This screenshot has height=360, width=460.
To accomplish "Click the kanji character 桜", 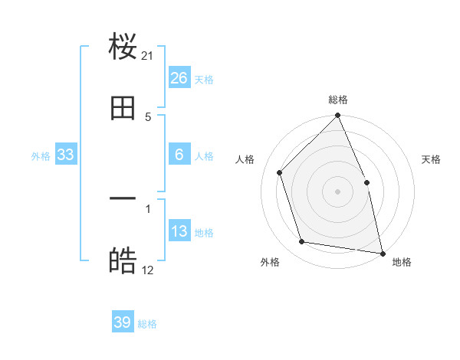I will (x=123, y=48).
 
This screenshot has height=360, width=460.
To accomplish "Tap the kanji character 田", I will (x=123, y=109).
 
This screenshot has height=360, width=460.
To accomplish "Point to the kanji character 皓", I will (x=123, y=261).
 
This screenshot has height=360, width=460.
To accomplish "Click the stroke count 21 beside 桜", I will (x=148, y=56).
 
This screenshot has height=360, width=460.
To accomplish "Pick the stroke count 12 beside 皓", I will (x=148, y=270).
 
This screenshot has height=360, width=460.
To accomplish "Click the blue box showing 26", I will (x=179, y=78).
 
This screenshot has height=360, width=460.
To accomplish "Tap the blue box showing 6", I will (x=179, y=155).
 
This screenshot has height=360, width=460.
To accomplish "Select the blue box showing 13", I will (x=179, y=231).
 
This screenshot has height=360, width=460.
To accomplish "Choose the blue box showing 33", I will (x=66, y=155).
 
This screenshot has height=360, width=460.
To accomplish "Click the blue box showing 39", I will (x=123, y=322).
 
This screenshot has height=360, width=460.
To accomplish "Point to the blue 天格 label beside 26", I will (x=204, y=80).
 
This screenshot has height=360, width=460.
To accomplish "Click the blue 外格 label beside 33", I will (x=41, y=156).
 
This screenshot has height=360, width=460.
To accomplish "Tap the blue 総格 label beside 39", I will (x=147, y=324).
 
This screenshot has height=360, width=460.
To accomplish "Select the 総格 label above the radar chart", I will (x=338, y=100).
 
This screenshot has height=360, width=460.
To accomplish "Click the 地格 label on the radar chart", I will (x=402, y=262).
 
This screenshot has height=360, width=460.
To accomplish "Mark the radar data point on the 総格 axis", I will (x=338, y=116).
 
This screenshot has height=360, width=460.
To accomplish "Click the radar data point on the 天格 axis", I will (x=366, y=182).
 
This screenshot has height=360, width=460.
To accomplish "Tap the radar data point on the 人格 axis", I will (x=280, y=172).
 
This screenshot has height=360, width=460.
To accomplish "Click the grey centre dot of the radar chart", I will (x=338, y=191).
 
